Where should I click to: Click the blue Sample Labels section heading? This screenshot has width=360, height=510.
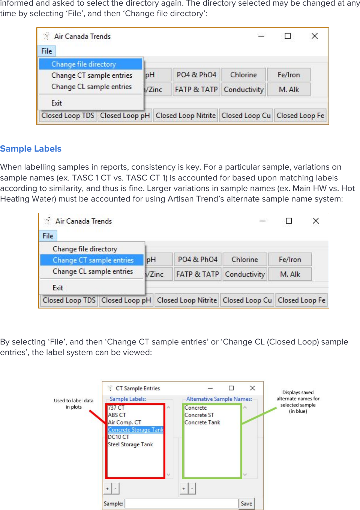pyautogui.click(x=31, y=149)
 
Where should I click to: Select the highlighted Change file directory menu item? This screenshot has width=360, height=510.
pyautogui.click(x=84, y=64)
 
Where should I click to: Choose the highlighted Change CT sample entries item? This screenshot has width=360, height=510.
pyautogui.click(x=93, y=260)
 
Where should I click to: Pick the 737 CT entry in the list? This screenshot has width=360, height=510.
pyautogui.click(x=116, y=408)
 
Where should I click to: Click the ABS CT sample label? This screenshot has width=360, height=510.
pyautogui.click(x=117, y=415)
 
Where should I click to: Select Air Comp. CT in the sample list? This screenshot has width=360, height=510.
pyautogui.click(x=124, y=423)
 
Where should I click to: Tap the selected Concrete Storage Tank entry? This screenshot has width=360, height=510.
pyautogui.click(x=135, y=430)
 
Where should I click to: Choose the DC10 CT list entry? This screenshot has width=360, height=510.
pyautogui.click(x=118, y=437)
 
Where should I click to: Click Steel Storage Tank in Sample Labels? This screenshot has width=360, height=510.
pyautogui.click(x=130, y=444)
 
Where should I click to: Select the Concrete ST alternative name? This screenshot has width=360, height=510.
pyautogui.click(x=199, y=415)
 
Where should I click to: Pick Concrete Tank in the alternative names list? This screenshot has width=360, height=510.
pyautogui.click(x=202, y=423)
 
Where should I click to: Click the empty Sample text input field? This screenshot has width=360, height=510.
pyautogui.click(x=181, y=504)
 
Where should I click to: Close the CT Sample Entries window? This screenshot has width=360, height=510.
pyautogui.click(x=252, y=388)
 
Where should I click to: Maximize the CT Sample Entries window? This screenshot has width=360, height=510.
pyautogui.click(x=231, y=388)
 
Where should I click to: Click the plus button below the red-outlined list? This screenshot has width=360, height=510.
pyautogui.click(x=107, y=489)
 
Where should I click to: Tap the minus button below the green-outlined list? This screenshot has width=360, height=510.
pyautogui.click(x=192, y=489)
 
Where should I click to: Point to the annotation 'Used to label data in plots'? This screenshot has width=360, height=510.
pyautogui.click(x=73, y=404)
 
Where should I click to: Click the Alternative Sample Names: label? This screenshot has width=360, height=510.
pyautogui.click(x=219, y=399)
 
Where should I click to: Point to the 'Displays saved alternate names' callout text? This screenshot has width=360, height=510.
pyautogui.click(x=298, y=402)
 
